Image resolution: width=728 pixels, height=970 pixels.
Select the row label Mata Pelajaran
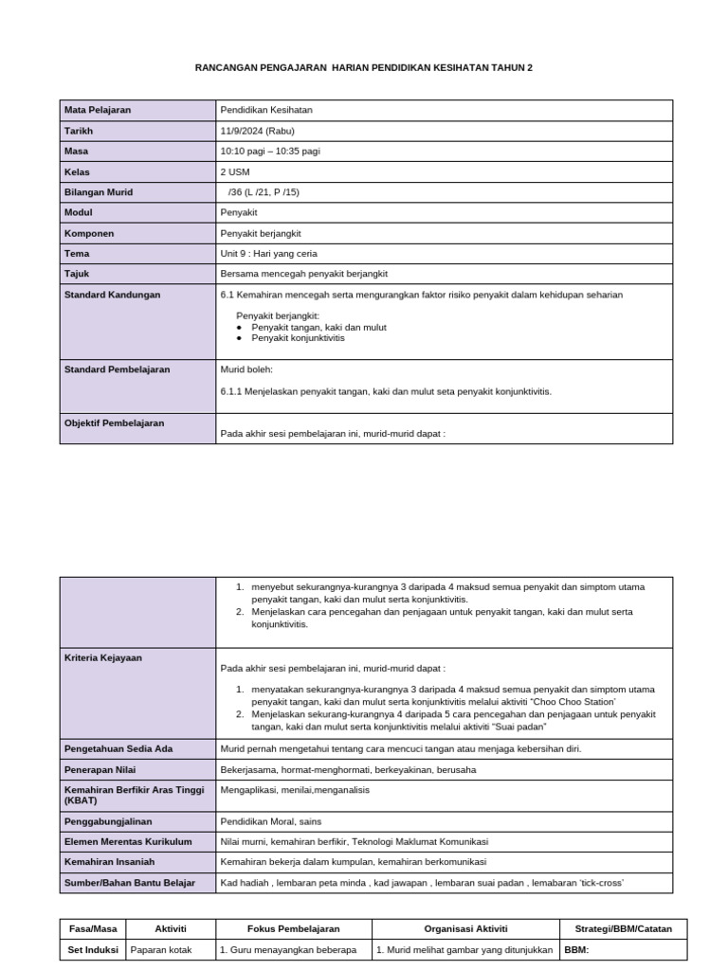[x=98, y=110]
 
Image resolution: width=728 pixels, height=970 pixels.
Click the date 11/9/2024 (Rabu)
[x=258, y=131]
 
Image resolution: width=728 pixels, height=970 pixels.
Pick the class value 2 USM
[x=235, y=171]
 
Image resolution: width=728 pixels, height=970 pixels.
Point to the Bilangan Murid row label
[x=99, y=192]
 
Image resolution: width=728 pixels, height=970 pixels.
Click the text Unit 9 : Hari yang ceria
[x=268, y=254]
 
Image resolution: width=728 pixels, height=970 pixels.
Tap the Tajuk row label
[x=77, y=274]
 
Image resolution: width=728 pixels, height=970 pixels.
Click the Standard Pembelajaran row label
[x=117, y=369]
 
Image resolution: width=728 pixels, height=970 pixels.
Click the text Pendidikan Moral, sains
[x=270, y=821]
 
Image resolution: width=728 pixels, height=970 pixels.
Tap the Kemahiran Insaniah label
[x=109, y=862]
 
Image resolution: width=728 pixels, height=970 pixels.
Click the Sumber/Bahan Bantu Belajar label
[x=129, y=883]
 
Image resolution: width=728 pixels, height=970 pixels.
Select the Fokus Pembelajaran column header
[x=294, y=929]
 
